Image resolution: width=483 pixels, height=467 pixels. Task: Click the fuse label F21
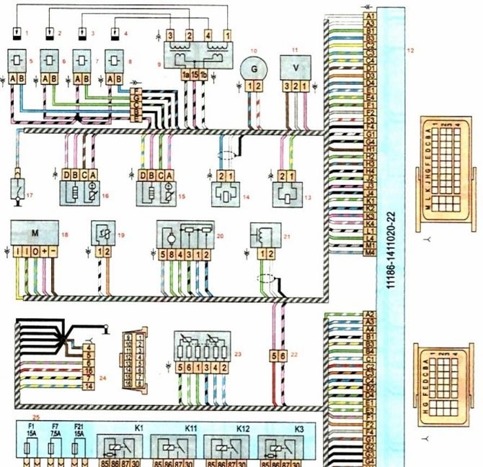pyautogui.click(x=81, y=430)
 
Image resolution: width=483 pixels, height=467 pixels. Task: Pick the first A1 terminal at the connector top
pyautogui.click(x=370, y=15)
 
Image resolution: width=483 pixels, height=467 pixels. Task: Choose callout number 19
pyautogui.click(x=120, y=234)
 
